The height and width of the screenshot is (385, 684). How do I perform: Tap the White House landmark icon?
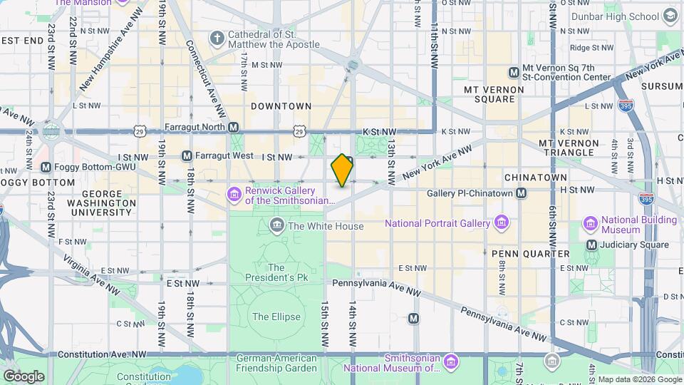(277, 226)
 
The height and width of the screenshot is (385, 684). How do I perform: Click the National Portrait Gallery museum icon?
(502, 223)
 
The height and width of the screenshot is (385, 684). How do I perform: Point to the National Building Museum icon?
(591, 225)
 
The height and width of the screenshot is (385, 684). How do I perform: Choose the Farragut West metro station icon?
(187, 155)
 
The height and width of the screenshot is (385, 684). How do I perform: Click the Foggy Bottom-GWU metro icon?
(46, 168)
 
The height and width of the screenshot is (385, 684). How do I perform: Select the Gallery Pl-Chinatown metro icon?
(522, 192)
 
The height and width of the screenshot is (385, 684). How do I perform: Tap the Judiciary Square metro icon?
(591, 245)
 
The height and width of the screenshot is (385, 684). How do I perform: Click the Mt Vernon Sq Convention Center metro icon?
(514, 72)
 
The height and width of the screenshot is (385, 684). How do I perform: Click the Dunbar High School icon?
(670, 16)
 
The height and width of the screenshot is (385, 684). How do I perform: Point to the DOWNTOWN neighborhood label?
(281, 106)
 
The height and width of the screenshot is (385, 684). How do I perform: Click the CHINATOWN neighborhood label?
(535, 177)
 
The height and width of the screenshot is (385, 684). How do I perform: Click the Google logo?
(24, 376)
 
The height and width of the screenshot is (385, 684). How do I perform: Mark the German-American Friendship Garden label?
(276, 363)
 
